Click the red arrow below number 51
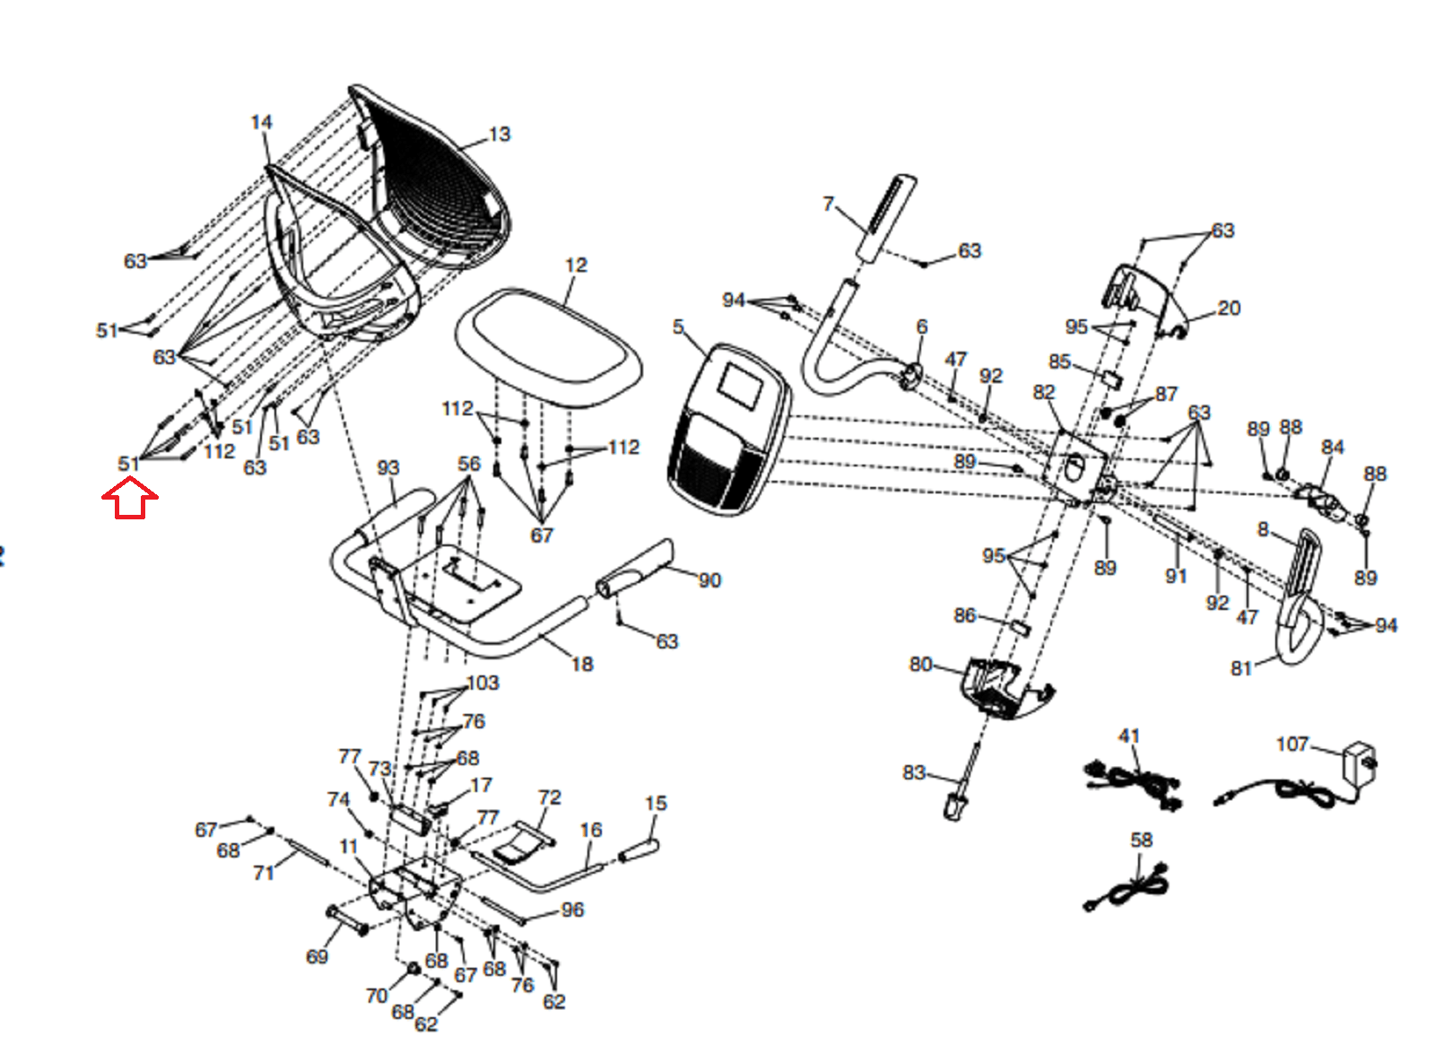coord(130,499)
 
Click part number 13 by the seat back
coord(500,135)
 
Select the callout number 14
coord(261,122)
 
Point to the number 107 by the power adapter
coord(1291,744)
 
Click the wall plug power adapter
coord(1357,765)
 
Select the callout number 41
coord(1128,736)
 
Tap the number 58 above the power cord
coord(1141,840)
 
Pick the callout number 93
coord(387,468)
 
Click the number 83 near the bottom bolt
coord(913,772)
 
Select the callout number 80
coord(920,665)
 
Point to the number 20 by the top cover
coord(1229,309)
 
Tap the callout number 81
coord(1240,668)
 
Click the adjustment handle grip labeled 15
coord(638,849)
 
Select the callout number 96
coord(572,910)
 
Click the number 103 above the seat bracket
coord(483,683)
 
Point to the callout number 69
coord(317,957)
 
